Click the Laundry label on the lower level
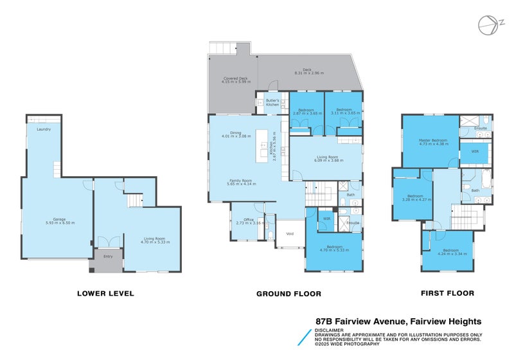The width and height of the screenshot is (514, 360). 44,129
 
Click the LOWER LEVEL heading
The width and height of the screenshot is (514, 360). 105,293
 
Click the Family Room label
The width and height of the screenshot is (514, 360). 241,180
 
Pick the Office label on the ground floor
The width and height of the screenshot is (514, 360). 245,220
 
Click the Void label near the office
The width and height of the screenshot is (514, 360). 289,234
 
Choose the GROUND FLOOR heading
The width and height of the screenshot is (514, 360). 288,293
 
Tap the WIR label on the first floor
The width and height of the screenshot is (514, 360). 475,152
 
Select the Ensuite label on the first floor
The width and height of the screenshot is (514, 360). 481,128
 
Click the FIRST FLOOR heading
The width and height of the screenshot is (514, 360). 447,293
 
